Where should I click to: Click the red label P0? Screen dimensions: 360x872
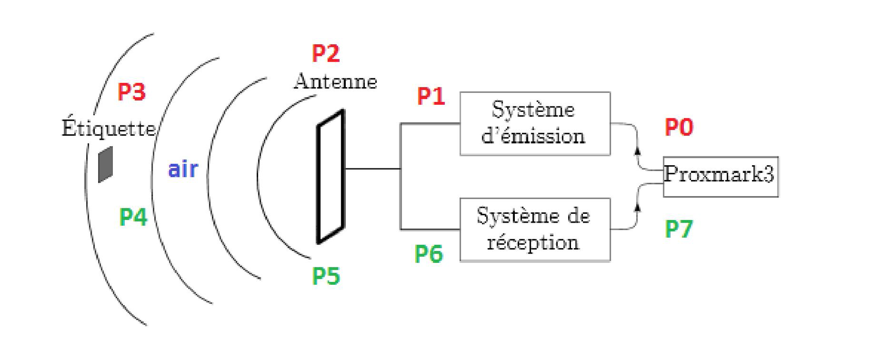pyautogui.click(x=678, y=127)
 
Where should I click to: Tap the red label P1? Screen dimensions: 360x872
pyautogui.click(x=431, y=97)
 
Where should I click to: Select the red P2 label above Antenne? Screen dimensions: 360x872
pyautogui.click(x=326, y=53)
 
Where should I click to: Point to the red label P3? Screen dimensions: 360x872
pyautogui.click(x=131, y=92)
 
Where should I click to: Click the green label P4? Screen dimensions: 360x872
pyautogui.click(x=133, y=217)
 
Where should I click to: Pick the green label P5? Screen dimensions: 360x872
pyautogui.click(x=326, y=276)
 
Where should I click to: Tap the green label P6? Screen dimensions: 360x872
pyautogui.click(x=429, y=254)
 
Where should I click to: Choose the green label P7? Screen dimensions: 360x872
pyautogui.click(x=678, y=229)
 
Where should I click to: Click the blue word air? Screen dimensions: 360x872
pyautogui.click(x=183, y=170)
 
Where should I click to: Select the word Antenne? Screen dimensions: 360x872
pyautogui.click(x=335, y=82)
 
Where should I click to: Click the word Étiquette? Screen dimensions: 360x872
pyautogui.click(x=109, y=129)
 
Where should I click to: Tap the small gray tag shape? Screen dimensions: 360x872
pyautogui.click(x=105, y=164)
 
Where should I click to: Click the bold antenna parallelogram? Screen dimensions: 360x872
pyautogui.click(x=330, y=176)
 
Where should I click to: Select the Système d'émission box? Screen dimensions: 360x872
pyautogui.click(x=534, y=123)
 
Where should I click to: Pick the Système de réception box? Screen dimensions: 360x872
pyautogui.click(x=534, y=230)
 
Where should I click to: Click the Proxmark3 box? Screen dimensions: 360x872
pyautogui.click(x=720, y=176)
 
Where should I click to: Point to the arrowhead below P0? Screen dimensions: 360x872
pyautogui.click(x=638, y=150)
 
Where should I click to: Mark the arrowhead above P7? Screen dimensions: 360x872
pyautogui.click(x=638, y=207)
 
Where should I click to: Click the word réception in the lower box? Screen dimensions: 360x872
pyautogui.click(x=532, y=243)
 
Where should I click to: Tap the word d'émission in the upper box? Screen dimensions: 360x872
pyautogui.click(x=533, y=136)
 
